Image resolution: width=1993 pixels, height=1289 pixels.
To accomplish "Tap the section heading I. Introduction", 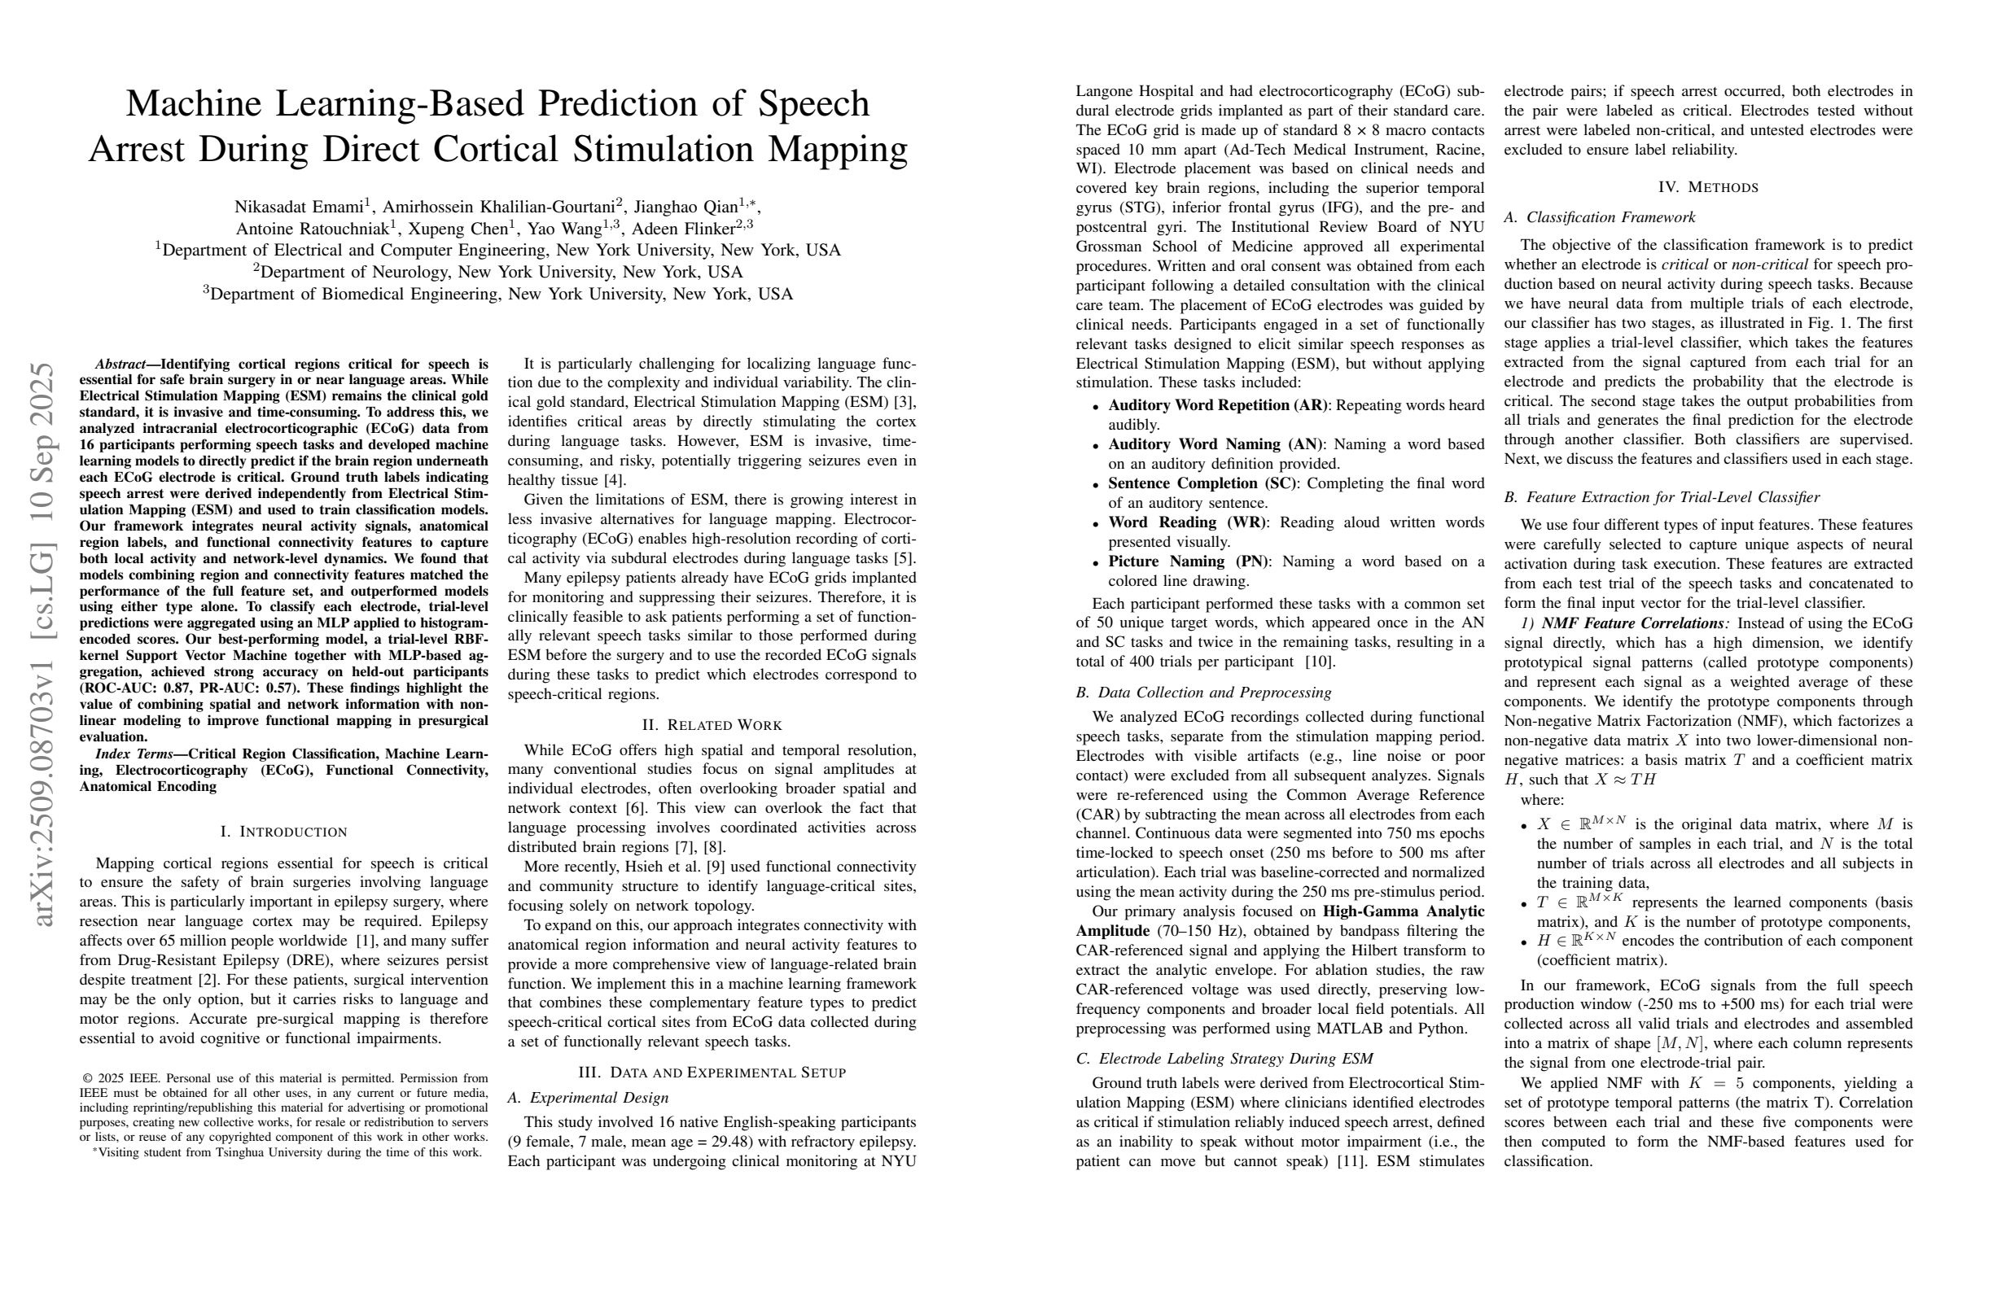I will (283, 831).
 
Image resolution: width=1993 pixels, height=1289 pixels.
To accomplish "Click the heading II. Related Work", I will (712, 725).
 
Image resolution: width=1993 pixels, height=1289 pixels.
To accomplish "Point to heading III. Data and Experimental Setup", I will (712, 1073).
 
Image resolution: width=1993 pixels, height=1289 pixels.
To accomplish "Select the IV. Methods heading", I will (1708, 186).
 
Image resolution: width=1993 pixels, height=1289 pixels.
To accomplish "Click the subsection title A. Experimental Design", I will (588, 1097).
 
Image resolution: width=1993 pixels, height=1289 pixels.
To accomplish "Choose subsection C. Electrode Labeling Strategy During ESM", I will (1224, 1059).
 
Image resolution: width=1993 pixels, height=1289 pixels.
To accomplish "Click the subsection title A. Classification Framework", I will (1600, 217).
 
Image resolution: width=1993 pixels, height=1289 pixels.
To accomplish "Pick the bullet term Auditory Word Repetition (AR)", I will (1218, 405).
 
